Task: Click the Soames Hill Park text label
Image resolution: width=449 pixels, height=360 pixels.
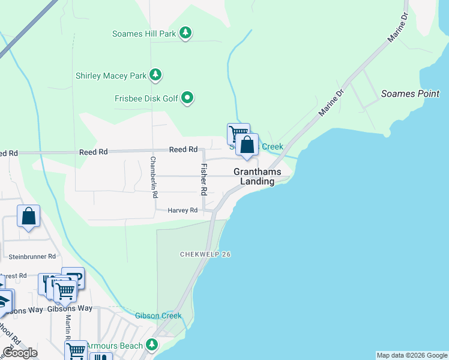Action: pyautogui.click(x=144, y=34)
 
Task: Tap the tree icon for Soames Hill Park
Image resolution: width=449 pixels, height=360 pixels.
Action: pyautogui.click(x=186, y=33)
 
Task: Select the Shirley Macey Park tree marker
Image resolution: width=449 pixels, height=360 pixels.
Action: pyautogui.click(x=156, y=76)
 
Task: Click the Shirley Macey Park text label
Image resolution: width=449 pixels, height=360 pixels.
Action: pyautogui.click(x=111, y=76)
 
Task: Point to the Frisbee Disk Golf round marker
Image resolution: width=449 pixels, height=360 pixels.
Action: pyautogui.click(x=187, y=98)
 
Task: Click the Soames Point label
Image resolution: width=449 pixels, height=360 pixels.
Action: pyautogui.click(x=410, y=94)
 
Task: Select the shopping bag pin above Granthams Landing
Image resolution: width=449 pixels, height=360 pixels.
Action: pyautogui.click(x=247, y=145)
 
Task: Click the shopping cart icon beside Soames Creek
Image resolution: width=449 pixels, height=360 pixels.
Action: pyautogui.click(x=237, y=133)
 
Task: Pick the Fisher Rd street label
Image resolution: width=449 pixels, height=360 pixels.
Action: pyautogui.click(x=203, y=179)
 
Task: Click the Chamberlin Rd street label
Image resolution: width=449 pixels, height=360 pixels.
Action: pyautogui.click(x=154, y=177)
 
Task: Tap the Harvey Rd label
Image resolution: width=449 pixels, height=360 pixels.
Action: pyautogui.click(x=182, y=211)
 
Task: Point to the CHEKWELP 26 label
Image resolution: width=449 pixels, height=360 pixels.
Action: pyautogui.click(x=205, y=254)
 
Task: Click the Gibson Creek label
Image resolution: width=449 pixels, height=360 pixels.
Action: pyautogui.click(x=158, y=316)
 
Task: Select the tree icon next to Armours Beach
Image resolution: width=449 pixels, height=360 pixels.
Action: pyautogui.click(x=152, y=344)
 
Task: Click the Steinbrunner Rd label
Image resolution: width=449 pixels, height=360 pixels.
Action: pyautogui.click(x=34, y=257)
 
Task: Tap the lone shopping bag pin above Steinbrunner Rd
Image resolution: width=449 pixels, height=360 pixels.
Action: pyautogui.click(x=28, y=217)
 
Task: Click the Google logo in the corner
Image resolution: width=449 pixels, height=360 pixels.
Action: pyautogui.click(x=20, y=352)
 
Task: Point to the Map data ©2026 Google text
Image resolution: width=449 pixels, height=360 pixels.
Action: pyautogui.click(x=411, y=355)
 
